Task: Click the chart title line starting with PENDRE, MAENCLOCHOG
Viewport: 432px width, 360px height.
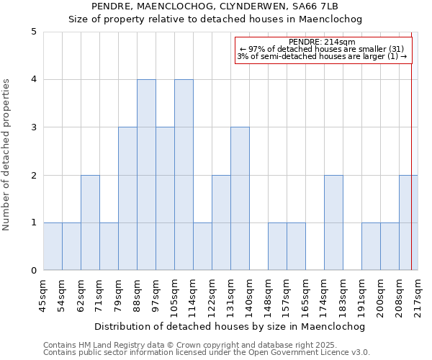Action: tap(215, 7)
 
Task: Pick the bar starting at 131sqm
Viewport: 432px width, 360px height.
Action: tap(240, 199)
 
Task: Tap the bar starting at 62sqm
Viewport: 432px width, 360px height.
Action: tap(90, 222)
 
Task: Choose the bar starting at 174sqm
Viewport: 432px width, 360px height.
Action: tap(333, 222)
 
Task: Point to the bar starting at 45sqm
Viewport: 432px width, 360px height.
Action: tap(53, 246)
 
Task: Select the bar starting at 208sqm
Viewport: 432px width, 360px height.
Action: tap(408, 222)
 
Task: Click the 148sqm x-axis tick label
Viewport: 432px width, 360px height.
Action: tap(269, 294)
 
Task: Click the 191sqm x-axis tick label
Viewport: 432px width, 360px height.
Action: tap(362, 294)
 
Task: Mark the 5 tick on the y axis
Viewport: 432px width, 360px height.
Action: tap(33, 32)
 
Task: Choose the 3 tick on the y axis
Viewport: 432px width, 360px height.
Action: tap(33, 127)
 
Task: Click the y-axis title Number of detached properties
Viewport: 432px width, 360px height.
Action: tap(7, 151)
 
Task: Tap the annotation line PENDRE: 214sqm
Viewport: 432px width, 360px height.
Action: tap(322, 42)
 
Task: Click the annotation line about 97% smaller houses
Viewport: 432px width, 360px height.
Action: tap(322, 49)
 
